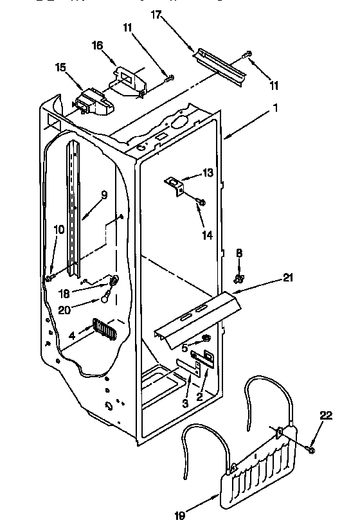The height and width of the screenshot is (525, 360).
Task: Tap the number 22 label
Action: click(x=327, y=416)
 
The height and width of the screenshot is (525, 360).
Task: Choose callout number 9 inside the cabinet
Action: click(x=104, y=195)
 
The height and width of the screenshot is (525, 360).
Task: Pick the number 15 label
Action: click(x=60, y=66)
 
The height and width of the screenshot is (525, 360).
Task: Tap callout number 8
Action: click(x=239, y=253)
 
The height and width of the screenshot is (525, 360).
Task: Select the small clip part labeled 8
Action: click(x=239, y=278)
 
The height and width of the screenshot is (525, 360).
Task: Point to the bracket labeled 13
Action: click(x=174, y=184)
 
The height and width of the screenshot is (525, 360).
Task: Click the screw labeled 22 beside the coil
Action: click(x=311, y=450)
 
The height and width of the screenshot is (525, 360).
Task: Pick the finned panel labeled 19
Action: click(x=260, y=464)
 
